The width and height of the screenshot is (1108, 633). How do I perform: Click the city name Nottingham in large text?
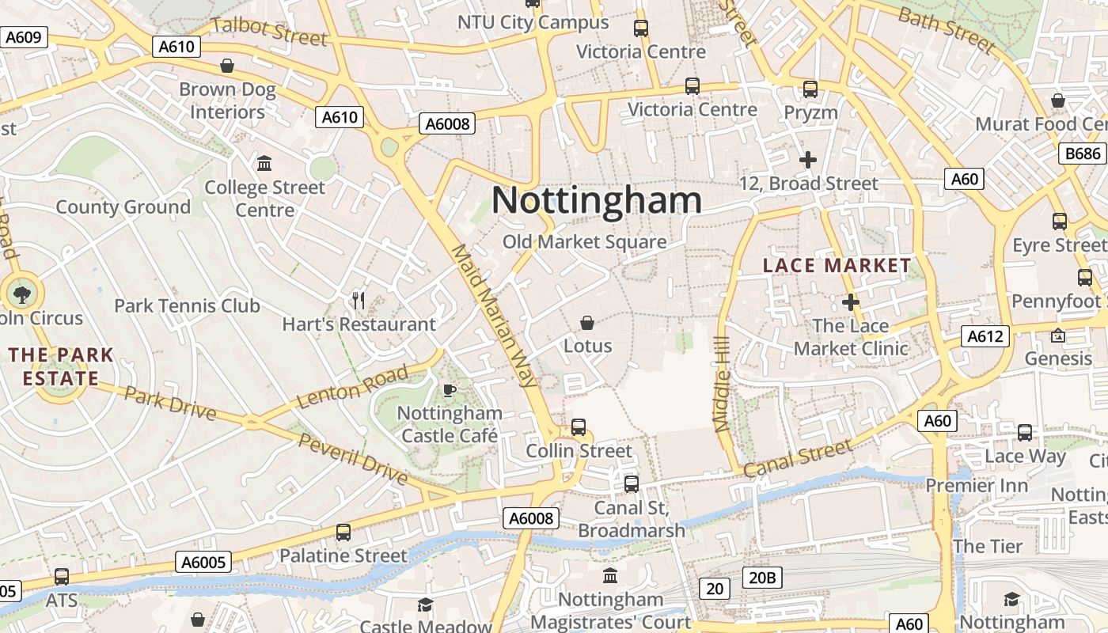point(597,200)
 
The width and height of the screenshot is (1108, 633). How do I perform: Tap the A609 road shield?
point(24,37)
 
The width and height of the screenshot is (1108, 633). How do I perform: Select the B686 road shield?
point(1082,153)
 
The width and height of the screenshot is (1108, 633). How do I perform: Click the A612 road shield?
point(985,336)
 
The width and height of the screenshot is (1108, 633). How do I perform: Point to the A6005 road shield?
point(203,563)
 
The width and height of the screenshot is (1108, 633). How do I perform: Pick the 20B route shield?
point(761,578)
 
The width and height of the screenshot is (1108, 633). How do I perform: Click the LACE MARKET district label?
point(837,266)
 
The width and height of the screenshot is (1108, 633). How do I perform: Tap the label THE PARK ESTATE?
point(61,366)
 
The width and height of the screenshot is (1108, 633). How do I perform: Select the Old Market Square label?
point(585,242)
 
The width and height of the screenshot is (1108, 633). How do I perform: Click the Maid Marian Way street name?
point(495,315)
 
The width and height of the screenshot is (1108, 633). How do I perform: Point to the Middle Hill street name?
point(721,384)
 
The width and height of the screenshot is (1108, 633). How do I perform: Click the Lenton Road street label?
point(354,388)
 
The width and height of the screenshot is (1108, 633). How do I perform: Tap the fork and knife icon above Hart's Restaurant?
point(359,301)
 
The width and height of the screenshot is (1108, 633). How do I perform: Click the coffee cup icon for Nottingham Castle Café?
point(449,390)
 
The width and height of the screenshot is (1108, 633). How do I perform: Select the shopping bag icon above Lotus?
point(587,323)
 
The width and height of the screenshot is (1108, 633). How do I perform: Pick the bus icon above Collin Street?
point(579,427)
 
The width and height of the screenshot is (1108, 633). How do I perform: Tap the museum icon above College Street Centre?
point(264,164)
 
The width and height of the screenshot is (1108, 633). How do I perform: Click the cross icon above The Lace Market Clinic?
point(851,302)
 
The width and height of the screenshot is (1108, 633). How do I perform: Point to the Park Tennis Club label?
point(187,306)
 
